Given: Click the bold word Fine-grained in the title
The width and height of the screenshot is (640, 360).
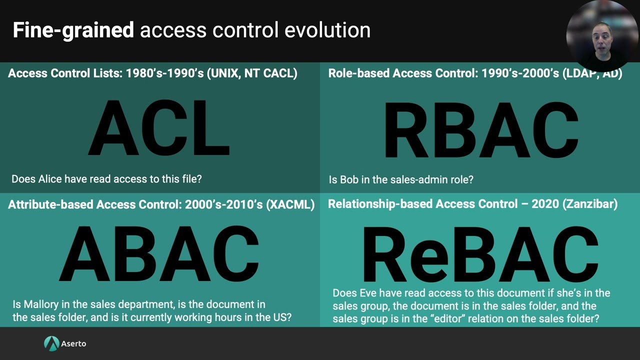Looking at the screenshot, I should (73, 30).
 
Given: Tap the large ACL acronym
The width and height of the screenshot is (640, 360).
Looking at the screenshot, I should (159, 129).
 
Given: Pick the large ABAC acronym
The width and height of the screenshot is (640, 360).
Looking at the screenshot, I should (159, 254).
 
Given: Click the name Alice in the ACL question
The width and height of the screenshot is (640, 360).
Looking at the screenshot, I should (51, 179).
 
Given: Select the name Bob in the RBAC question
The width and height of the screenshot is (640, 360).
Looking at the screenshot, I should (349, 179).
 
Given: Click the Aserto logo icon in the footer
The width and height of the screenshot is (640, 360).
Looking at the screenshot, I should (51, 343).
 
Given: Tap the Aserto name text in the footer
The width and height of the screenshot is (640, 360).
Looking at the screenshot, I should (73, 343).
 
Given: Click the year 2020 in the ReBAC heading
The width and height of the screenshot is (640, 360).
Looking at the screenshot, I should (545, 204).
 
